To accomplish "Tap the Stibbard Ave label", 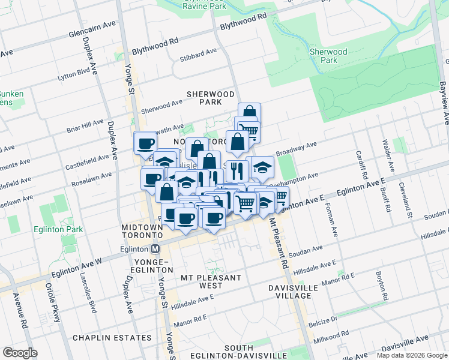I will (x=198, y=52).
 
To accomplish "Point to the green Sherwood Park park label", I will (x=328, y=56).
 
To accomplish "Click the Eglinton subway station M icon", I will (x=155, y=248).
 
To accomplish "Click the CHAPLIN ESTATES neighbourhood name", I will (x=112, y=338).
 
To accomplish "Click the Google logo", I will (x=20, y=353).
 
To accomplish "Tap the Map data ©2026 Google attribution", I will (x=412, y=355).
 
